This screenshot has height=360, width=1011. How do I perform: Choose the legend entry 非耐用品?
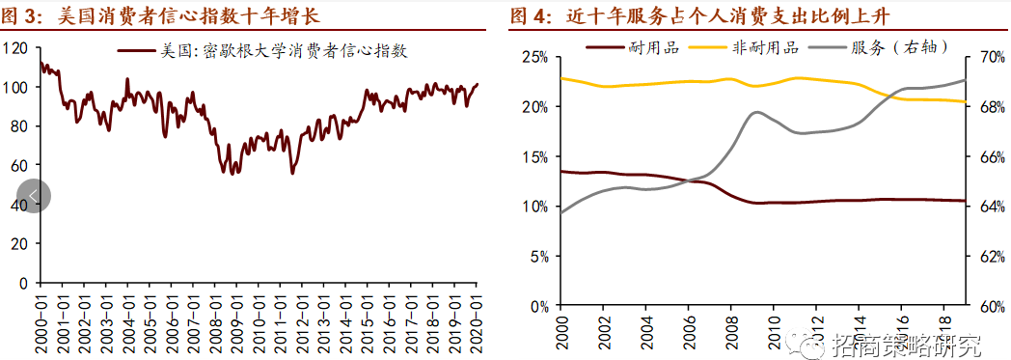764,46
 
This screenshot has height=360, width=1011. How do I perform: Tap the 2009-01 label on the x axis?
236,319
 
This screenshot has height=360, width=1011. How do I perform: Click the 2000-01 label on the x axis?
41,319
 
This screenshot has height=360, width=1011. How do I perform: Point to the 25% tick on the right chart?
533,57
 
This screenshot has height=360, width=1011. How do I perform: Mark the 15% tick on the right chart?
533,156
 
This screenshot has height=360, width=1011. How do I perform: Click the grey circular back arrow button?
34,196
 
